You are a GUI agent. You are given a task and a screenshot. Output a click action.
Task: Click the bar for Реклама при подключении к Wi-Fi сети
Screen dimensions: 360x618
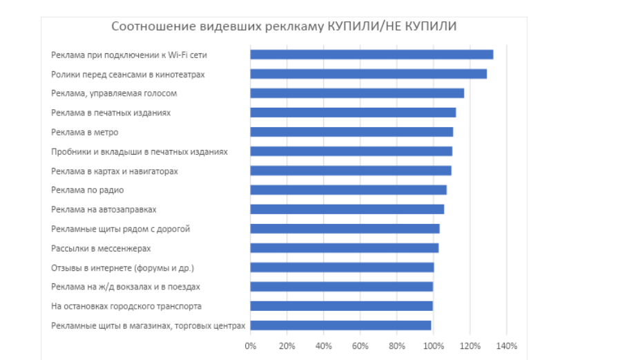371,55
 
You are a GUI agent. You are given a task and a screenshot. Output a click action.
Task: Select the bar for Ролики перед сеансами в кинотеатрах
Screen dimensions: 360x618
368,74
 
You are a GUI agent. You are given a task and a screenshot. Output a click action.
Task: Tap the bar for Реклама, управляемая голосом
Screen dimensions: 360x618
357,93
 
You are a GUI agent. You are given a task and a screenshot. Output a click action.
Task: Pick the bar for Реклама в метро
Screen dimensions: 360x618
351,132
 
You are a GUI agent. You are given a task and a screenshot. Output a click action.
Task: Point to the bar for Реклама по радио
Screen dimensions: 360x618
348,190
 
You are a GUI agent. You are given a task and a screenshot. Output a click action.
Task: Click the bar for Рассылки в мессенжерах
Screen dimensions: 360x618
344,248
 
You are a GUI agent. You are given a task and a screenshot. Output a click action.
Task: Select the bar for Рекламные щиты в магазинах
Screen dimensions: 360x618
340,325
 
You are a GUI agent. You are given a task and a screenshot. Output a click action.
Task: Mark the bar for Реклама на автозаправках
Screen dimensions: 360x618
347,209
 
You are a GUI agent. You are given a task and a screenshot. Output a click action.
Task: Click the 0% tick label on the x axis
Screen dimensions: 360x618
251,345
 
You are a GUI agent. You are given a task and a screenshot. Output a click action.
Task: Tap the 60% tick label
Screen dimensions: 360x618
360,345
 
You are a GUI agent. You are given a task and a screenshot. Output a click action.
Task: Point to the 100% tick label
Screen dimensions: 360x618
433,345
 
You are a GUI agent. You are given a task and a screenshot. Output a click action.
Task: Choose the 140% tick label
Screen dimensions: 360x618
506,345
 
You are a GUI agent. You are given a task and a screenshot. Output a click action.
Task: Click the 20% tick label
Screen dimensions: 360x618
287,345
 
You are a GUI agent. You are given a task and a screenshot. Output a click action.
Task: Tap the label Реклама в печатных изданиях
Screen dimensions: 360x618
110,113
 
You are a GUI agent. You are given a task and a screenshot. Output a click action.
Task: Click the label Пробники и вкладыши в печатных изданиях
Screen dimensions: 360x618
139,151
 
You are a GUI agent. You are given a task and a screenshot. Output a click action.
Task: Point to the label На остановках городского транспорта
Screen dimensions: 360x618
126,306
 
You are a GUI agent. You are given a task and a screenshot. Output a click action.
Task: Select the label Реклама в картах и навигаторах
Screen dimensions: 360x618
115,171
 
